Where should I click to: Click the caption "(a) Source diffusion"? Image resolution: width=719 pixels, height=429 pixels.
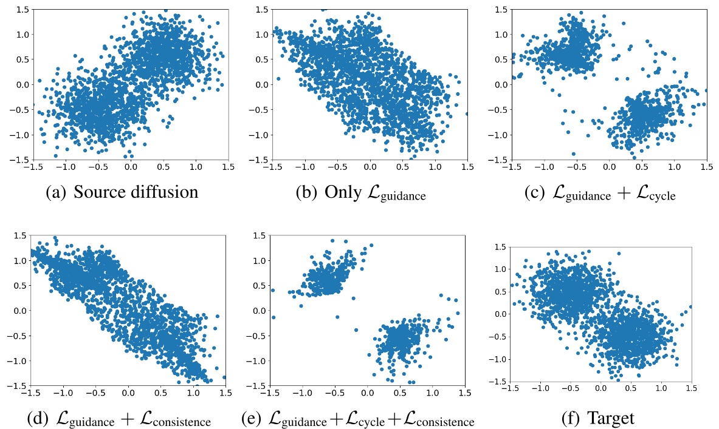point(122,192)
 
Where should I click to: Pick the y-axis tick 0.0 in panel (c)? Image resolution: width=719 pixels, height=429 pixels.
point(501,84)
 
